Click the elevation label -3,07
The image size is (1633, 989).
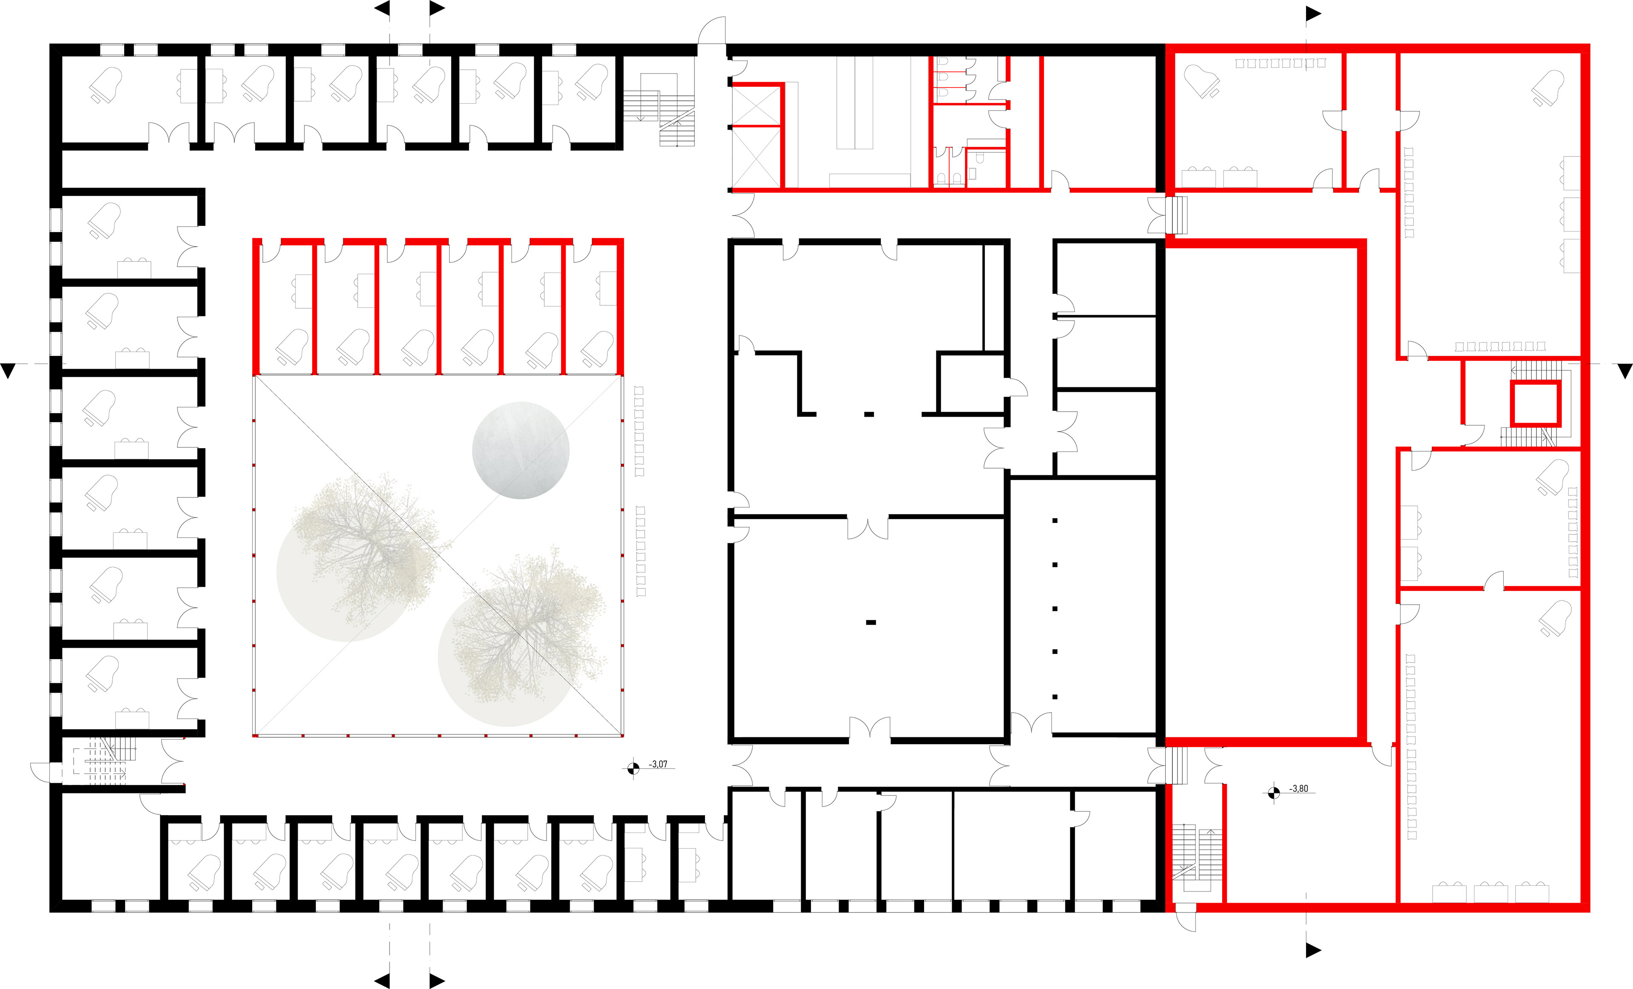click(x=658, y=764)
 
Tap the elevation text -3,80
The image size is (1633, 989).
click(x=1299, y=789)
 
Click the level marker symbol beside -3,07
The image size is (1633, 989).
click(x=633, y=768)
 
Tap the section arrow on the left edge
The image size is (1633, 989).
click(x=8, y=370)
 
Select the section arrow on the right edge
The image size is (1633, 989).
click(x=1624, y=370)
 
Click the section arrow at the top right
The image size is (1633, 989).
click(x=1313, y=13)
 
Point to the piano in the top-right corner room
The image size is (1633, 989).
click(x=1549, y=88)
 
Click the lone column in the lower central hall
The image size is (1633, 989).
click(x=871, y=622)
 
